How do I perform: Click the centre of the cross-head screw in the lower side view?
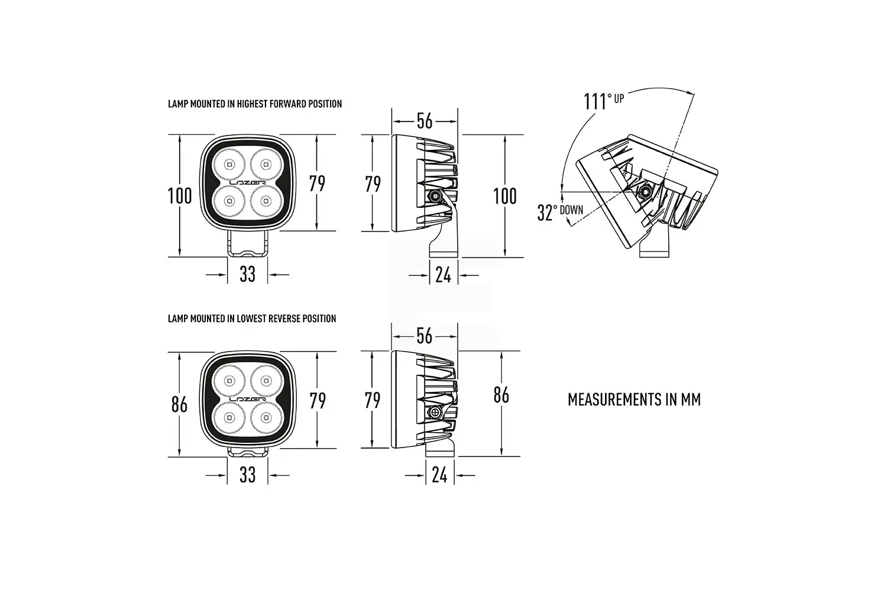[x=435, y=413]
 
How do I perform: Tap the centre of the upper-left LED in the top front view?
[x=229, y=164]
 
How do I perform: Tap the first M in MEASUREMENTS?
[x=573, y=399]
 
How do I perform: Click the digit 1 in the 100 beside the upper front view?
[x=170, y=196]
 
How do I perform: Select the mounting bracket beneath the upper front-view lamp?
[x=248, y=244]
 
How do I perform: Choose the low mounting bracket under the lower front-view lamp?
[x=248, y=452]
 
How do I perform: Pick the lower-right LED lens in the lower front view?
[x=266, y=417]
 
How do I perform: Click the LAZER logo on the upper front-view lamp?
[x=248, y=183]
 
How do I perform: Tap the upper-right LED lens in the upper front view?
[x=266, y=164]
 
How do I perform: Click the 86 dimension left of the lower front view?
[x=179, y=404]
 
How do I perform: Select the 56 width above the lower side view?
[x=425, y=336]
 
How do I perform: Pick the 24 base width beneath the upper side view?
[x=443, y=274]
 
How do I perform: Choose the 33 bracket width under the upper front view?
[x=248, y=274]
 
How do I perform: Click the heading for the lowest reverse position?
[x=252, y=318]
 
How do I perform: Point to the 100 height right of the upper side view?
[x=505, y=197]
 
